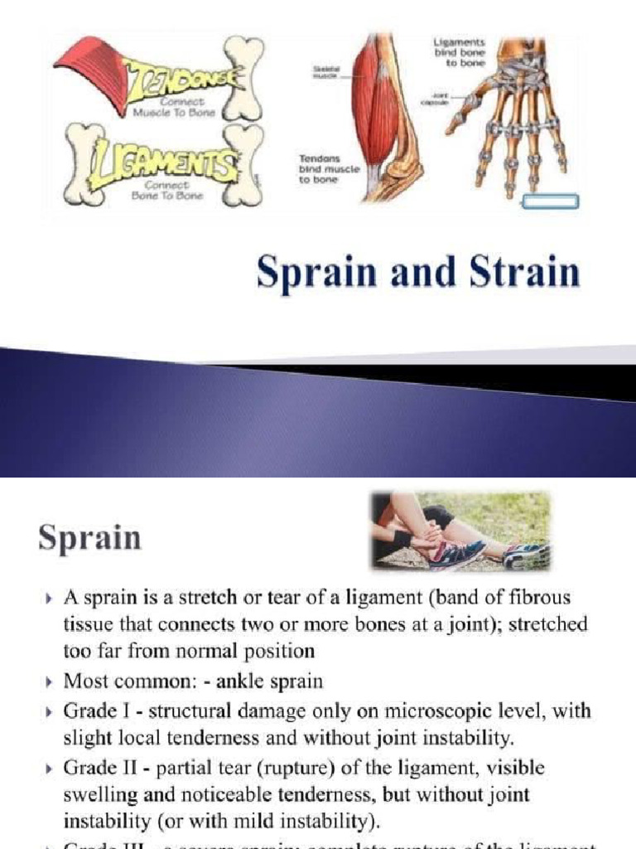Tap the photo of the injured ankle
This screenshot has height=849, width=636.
coord(460,531)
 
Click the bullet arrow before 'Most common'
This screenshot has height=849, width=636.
coord(50,682)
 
